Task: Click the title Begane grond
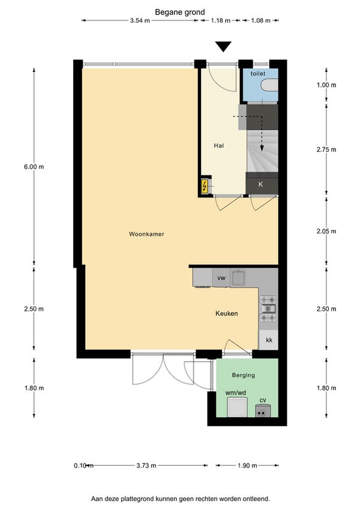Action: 180,13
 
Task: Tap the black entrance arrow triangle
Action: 223,46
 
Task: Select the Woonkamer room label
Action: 146,234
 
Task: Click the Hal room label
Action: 219,146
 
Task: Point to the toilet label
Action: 258,74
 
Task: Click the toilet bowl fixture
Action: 270,85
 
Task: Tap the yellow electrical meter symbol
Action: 205,186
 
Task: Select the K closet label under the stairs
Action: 260,184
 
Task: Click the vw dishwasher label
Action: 221,278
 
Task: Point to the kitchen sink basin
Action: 239,277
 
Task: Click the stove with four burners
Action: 268,309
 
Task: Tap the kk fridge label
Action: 269,340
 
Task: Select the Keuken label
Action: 227,313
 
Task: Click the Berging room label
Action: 243,375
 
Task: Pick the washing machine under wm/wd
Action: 237,408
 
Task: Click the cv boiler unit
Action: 263,411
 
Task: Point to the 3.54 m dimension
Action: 140,20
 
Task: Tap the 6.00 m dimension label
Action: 34,167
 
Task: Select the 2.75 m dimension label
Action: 326,149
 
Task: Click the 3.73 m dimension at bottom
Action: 146,466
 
